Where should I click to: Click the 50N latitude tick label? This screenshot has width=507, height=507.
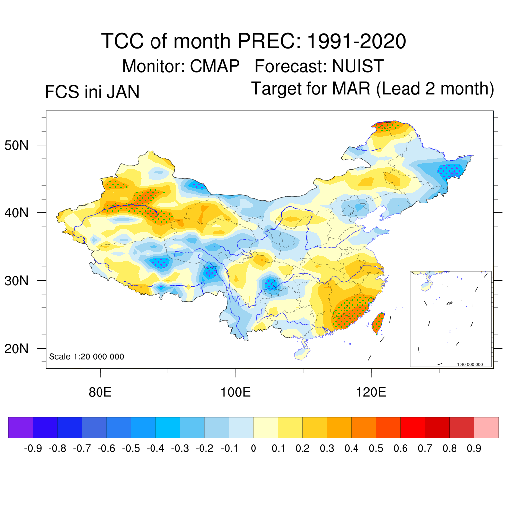tap(22, 145)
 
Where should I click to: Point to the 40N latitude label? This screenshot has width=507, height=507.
tap(22, 213)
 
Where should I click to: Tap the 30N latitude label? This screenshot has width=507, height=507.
tap(22, 281)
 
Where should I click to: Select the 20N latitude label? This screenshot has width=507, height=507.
tap(22, 349)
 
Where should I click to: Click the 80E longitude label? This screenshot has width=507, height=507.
tap(100, 393)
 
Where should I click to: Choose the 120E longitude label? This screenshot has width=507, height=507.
tap(371, 393)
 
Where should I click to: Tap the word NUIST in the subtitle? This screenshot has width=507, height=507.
tap(357, 66)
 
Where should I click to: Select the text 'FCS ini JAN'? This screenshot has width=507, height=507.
tap(92, 92)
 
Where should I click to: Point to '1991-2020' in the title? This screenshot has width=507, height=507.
tap(356, 41)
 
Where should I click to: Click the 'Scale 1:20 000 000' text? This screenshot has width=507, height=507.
tap(86, 356)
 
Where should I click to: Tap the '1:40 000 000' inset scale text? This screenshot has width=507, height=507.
tap(473, 364)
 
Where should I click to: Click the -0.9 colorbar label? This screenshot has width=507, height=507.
tap(33, 449)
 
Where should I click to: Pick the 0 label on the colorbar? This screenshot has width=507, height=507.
tap(253, 449)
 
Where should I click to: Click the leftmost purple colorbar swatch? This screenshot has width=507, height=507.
tap(20, 427)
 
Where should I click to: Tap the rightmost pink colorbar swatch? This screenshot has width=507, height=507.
tap(486, 427)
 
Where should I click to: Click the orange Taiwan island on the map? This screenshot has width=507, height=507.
tap(378, 322)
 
